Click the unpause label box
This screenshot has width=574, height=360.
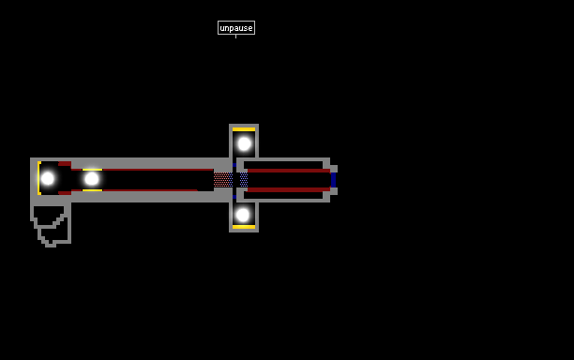[236, 28]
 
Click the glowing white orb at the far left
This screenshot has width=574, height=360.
[48, 178]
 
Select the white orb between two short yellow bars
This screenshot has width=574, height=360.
[92, 179]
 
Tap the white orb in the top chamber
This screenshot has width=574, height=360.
[244, 143]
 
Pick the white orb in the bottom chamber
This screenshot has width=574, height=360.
[243, 215]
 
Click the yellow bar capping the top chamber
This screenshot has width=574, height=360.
[244, 129]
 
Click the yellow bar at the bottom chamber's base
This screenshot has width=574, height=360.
[244, 227]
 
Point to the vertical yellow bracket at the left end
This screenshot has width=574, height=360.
[38, 178]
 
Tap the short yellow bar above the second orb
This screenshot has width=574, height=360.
[92, 170]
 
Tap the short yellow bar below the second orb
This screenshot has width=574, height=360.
[92, 190]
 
